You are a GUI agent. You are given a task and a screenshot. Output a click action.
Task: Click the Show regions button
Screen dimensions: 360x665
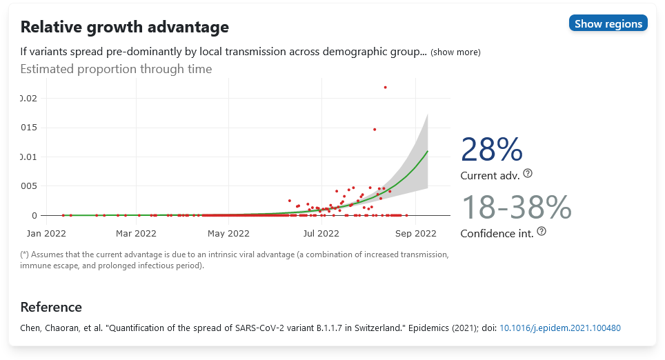point(608,23)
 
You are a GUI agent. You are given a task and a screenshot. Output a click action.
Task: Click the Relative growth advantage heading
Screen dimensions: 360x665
point(124,28)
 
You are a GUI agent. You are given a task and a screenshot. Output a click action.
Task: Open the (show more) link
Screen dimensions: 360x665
point(455,52)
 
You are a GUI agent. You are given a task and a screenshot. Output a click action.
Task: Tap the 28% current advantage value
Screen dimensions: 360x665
point(492,150)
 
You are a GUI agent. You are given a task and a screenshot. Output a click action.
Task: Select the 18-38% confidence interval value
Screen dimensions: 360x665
point(516,207)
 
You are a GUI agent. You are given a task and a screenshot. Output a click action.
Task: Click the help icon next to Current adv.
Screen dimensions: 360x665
point(528,173)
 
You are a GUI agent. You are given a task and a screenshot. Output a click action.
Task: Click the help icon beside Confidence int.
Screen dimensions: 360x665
point(542,231)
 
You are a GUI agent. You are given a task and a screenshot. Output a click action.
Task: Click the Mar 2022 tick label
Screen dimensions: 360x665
point(137,233)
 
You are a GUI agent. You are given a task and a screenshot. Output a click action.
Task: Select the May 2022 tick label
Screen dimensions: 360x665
point(228,233)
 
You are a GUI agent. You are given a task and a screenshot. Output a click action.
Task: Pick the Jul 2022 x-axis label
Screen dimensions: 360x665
point(321,233)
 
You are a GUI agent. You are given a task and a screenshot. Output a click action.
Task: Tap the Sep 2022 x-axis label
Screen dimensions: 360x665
point(415,233)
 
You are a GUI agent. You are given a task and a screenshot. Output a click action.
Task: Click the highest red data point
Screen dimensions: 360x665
point(385,87)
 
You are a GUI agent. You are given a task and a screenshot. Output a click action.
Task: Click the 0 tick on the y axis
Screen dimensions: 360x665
point(34,215)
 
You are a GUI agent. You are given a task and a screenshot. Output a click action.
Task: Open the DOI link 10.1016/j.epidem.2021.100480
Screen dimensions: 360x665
point(560,328)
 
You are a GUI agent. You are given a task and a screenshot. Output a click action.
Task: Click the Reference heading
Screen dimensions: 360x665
point(51,307)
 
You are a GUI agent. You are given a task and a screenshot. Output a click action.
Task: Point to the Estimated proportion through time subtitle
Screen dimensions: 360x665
point(116,69)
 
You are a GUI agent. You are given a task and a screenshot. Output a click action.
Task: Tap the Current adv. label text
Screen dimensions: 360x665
point(490,176)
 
